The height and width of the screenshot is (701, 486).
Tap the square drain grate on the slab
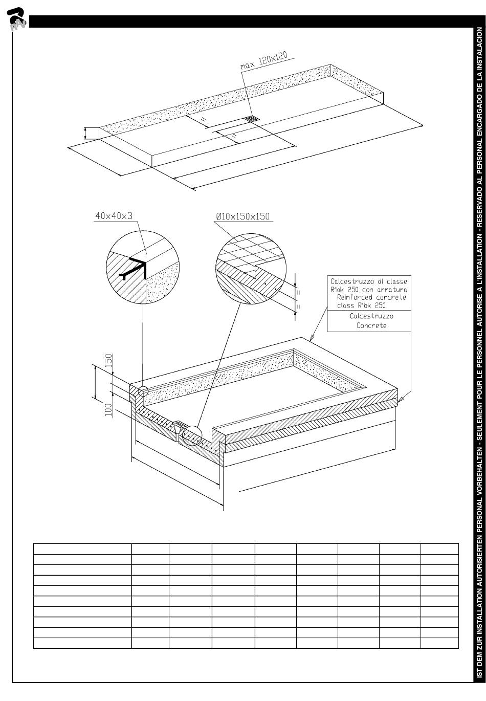click(x=251, y=119)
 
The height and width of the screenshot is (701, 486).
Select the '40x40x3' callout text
click(x=114, y=215)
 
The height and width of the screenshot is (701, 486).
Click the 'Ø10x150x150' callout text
click(x=242, y=216)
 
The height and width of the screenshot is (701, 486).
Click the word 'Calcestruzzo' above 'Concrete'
click(x=371, y=316)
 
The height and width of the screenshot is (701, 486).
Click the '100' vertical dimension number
click(x=108, y=410)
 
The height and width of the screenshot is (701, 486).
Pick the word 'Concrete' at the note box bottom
click(x=371, y=325)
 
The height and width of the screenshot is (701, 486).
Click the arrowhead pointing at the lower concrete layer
click(x=401, y=399)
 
